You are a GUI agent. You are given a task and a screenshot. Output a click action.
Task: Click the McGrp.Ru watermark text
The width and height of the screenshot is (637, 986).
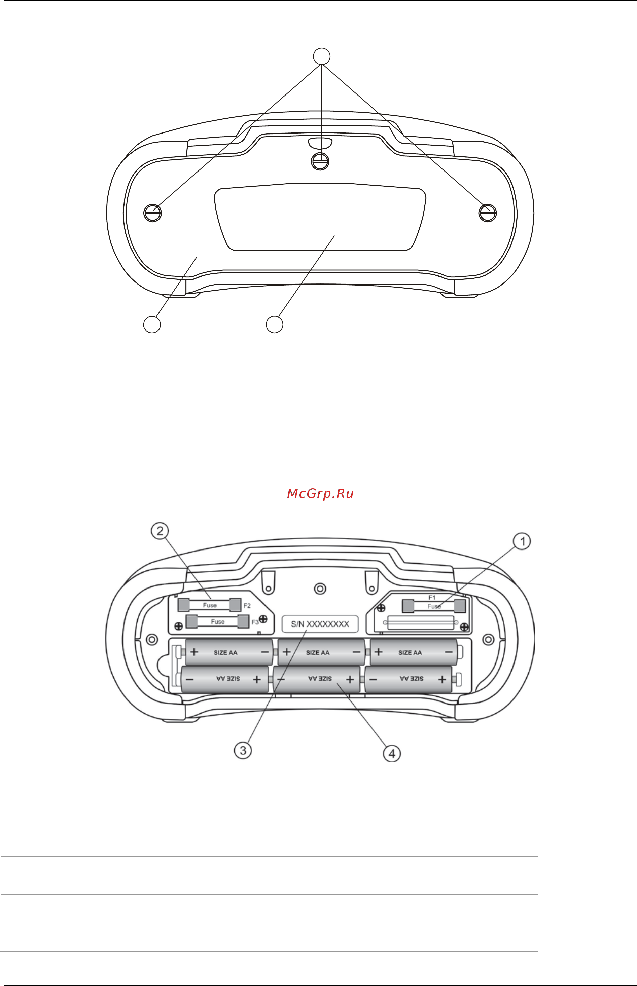pos(320,493)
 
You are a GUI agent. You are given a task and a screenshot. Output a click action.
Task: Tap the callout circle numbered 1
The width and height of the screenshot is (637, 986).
pos(522,541)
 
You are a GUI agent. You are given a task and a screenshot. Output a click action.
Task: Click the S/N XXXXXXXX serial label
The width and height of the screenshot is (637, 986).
pos(320,624)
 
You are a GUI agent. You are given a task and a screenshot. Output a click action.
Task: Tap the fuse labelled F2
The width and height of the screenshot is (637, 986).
pos(209,605)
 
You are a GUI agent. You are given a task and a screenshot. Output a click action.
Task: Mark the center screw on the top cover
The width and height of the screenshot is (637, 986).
pos(320,161)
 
